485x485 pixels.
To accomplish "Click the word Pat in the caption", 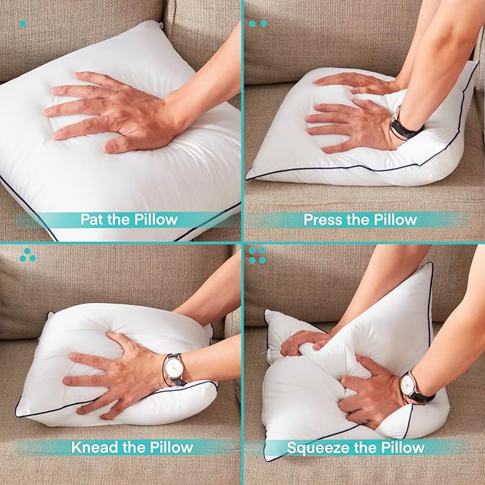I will pyautogui.click(x=91, y=219).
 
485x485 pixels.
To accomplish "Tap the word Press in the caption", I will pyautogui.click(x=321, y=219).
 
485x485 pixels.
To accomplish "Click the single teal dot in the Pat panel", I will pyautogui.click(x=23, y=24).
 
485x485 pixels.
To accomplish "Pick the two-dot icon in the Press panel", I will pyautogui.click(x=258, y=24).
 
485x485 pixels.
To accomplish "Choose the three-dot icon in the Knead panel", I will pyautogui.click(x=28, y=255).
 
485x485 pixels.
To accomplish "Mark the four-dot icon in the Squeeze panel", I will pyautogui.click(x=257, y=255).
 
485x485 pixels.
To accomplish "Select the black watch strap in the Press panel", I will pyautogui.click(x=404, y=129).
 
